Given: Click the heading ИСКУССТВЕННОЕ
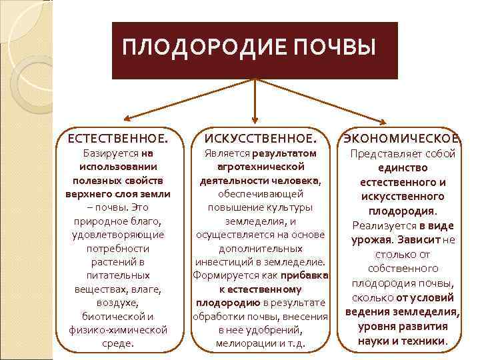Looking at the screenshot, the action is click(x=260, y=139).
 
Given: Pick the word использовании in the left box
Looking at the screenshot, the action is click(x=118, y=167).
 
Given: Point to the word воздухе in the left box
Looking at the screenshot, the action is click(x=118, y=303).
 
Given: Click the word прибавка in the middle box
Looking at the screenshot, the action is click(x=305, y=275).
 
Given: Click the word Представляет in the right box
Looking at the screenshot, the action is click(x=382, y=153).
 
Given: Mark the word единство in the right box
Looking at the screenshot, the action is click(x=402, y=168).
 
